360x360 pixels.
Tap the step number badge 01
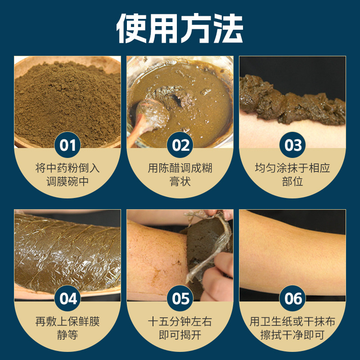pos(67,145)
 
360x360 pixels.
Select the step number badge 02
pos(180,145)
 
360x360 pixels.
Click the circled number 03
pos(292,145)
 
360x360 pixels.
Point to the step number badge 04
pos(67,299)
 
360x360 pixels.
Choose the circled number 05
pos(180,299)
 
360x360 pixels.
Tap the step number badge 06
pos(292,299)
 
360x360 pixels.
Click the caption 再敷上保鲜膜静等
pos(67,328)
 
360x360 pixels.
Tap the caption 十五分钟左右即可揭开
pos(180,328)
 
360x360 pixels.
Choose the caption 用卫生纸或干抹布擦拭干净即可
pos(292,328)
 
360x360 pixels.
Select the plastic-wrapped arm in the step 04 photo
pos(67,252)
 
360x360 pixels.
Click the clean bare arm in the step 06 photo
pos(292,252)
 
